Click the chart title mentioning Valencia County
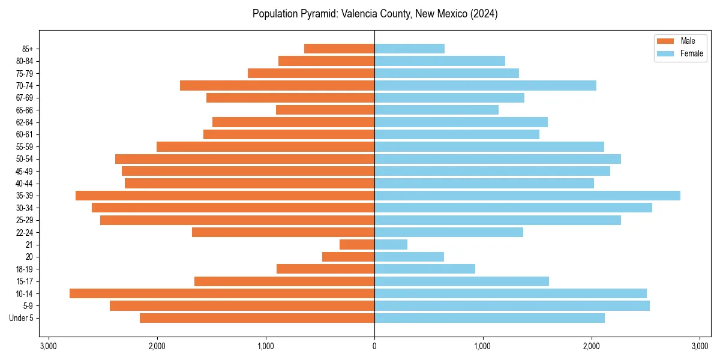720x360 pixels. click(374, 14)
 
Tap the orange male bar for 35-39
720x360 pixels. click(225, 196)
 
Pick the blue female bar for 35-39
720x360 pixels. click(527, 196)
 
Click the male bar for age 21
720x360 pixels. click(357, 245)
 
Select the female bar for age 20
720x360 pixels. click(409, 257)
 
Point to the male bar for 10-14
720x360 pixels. click(222, 293)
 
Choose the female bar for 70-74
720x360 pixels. click(485, 86)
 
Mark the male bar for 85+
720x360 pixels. click(340, 49)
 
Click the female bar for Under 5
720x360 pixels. click(490, 318)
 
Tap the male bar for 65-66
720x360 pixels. click(325, 110)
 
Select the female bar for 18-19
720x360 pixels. click(425, 269)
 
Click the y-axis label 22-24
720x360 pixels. click(25, 232)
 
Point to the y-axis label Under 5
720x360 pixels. click(22, 318)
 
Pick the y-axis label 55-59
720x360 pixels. click(25, 147)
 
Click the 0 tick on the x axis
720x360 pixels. click(374, 346)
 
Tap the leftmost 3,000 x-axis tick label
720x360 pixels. click(49, 346)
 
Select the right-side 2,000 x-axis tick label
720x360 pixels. click(592, 346)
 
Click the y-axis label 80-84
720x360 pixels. click(25, 61)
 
